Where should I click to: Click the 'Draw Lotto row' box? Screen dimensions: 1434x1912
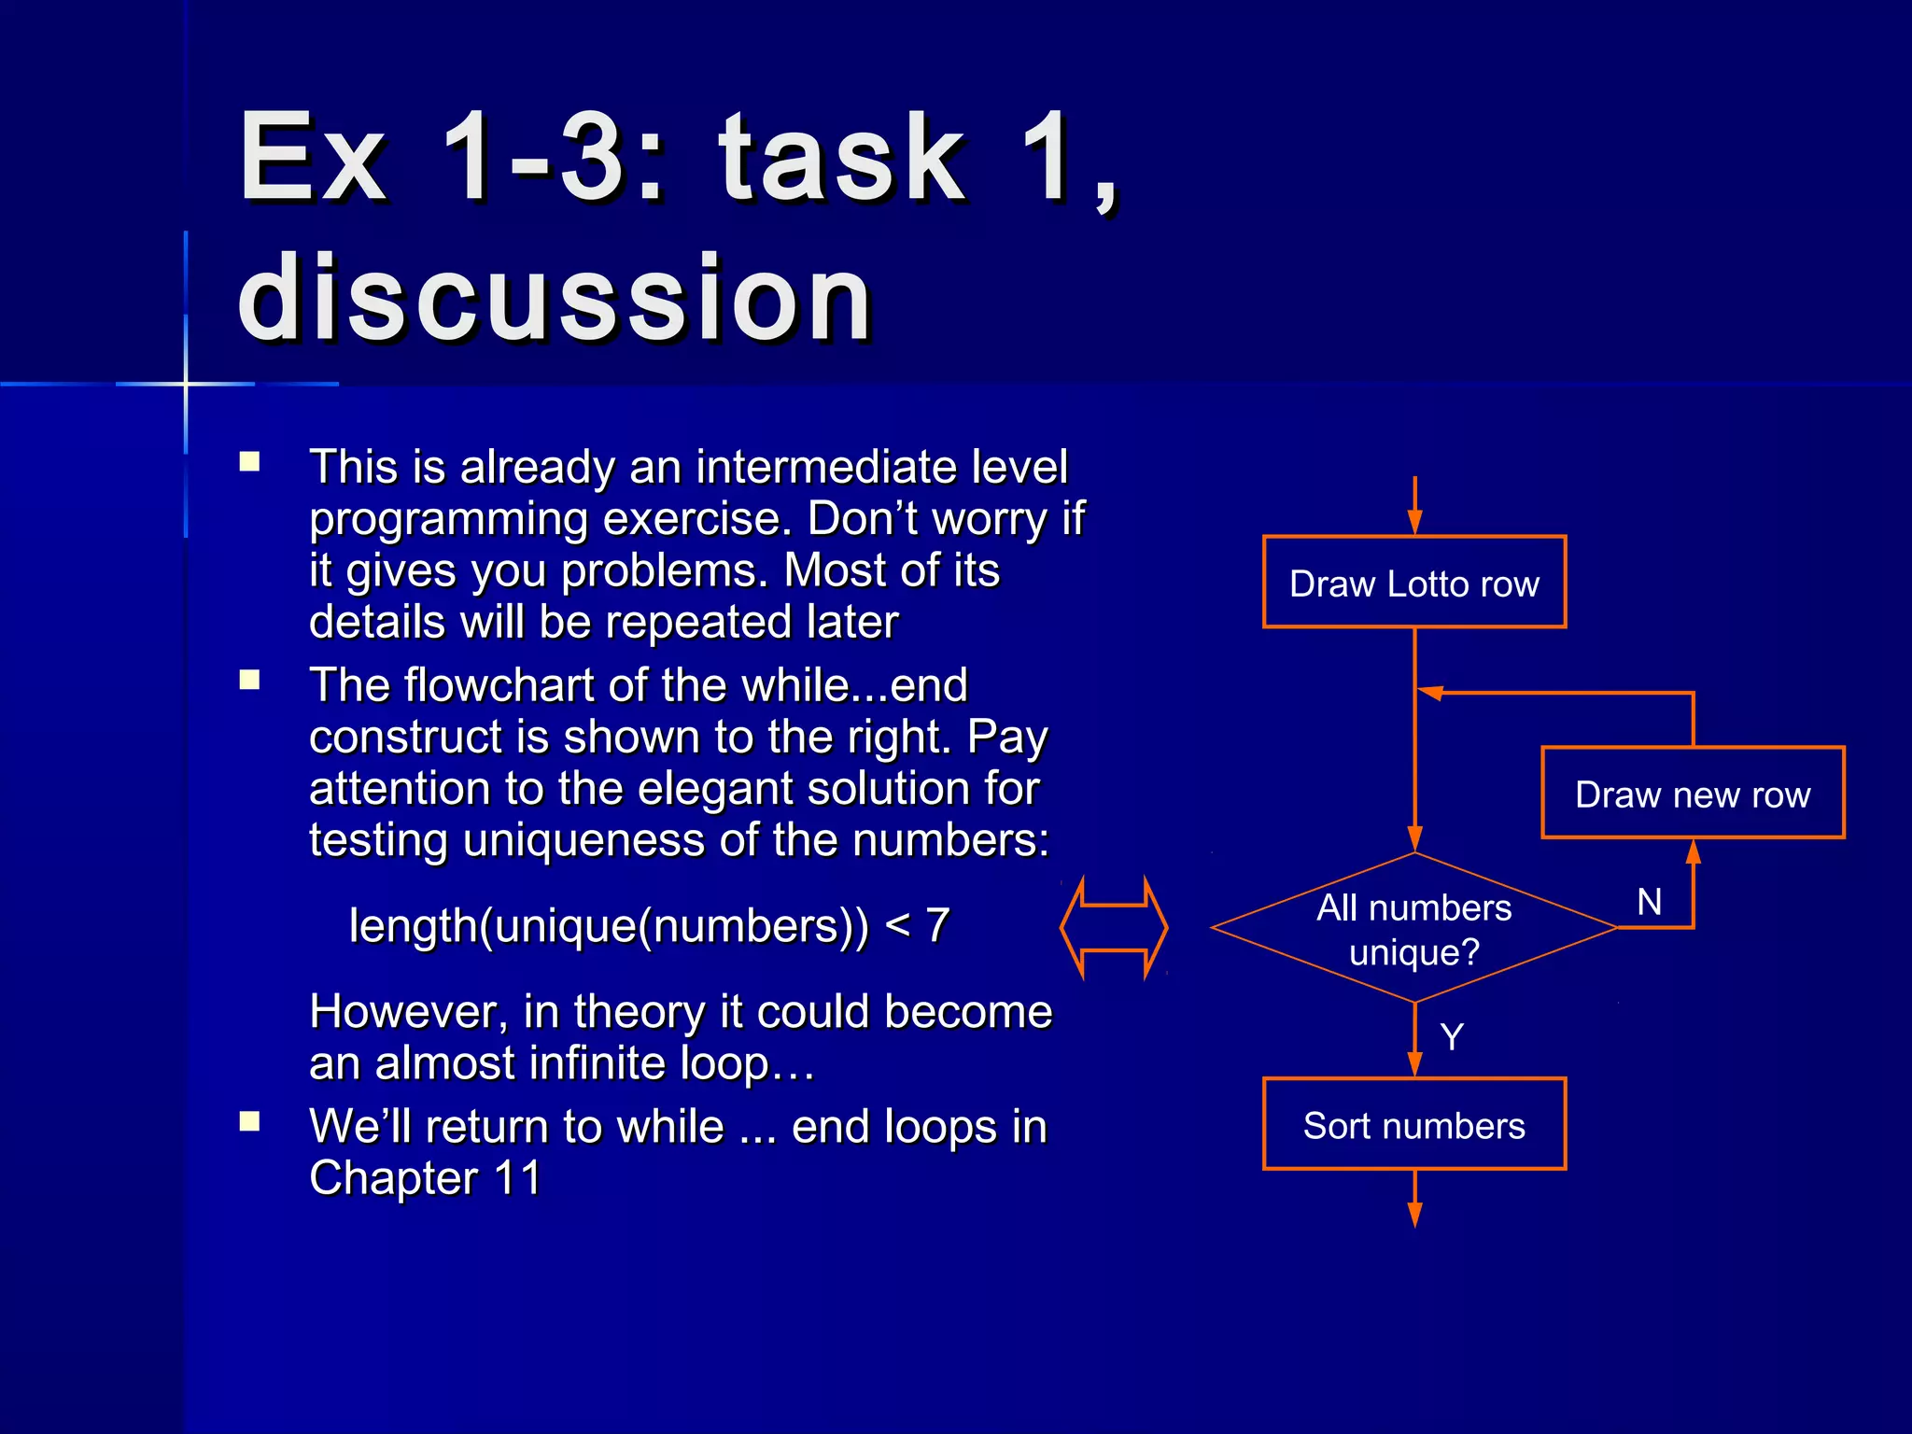(1413, 583)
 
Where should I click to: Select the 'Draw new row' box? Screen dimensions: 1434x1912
(1692, 794)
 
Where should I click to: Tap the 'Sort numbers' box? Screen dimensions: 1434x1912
(1413, 1124)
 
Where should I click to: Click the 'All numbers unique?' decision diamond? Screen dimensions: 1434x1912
(1413, 928)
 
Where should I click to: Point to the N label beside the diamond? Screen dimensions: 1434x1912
(1649, 902)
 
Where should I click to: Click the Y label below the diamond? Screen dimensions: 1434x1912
(1452, 1036)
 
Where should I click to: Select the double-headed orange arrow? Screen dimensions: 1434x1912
(1114, 928)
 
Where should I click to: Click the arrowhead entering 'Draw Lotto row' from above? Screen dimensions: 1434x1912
(1414, 521)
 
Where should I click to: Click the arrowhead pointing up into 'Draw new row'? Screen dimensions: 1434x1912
(1693, 851)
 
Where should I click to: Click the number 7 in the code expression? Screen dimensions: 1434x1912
(937, 926)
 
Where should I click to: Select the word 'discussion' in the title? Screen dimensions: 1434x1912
(555, 299)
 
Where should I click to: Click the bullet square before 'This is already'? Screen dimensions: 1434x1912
(249, 461)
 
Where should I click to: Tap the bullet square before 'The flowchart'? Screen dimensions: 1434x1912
(249, 680)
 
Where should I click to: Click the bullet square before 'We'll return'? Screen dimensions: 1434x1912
(249, 1120)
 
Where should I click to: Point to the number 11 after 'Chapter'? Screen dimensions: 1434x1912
(518, 1178)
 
